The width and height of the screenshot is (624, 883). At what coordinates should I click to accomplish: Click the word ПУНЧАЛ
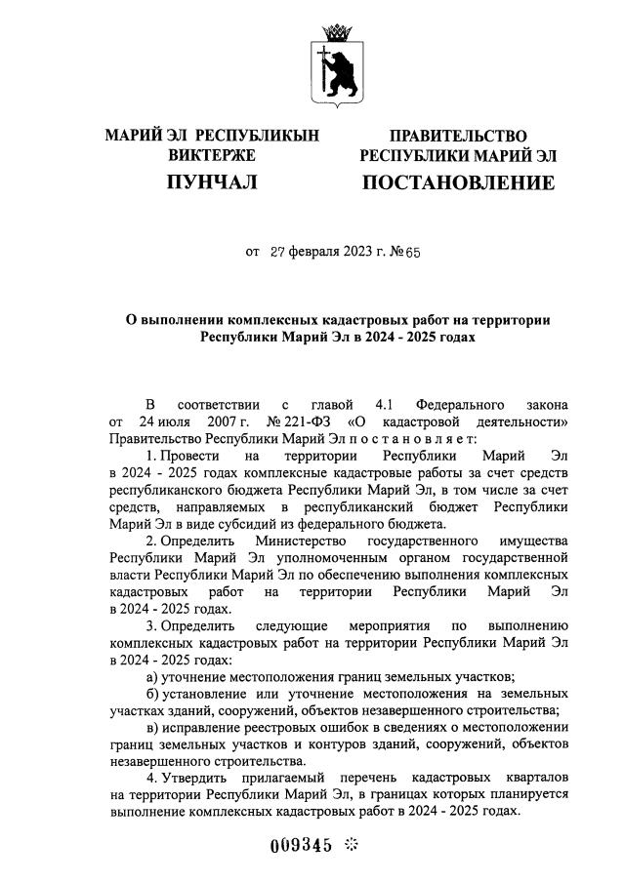click(x=212, y=182)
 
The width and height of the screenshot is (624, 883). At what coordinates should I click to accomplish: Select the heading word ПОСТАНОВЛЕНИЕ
click(x=459, y=182)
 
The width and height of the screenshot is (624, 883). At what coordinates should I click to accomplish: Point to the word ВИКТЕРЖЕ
click(x=212, y=155)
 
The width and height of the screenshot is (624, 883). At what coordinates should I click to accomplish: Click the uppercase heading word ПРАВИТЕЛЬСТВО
click(x=459, y=136)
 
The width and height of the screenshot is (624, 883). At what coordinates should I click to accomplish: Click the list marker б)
click(x=153, y=695)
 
